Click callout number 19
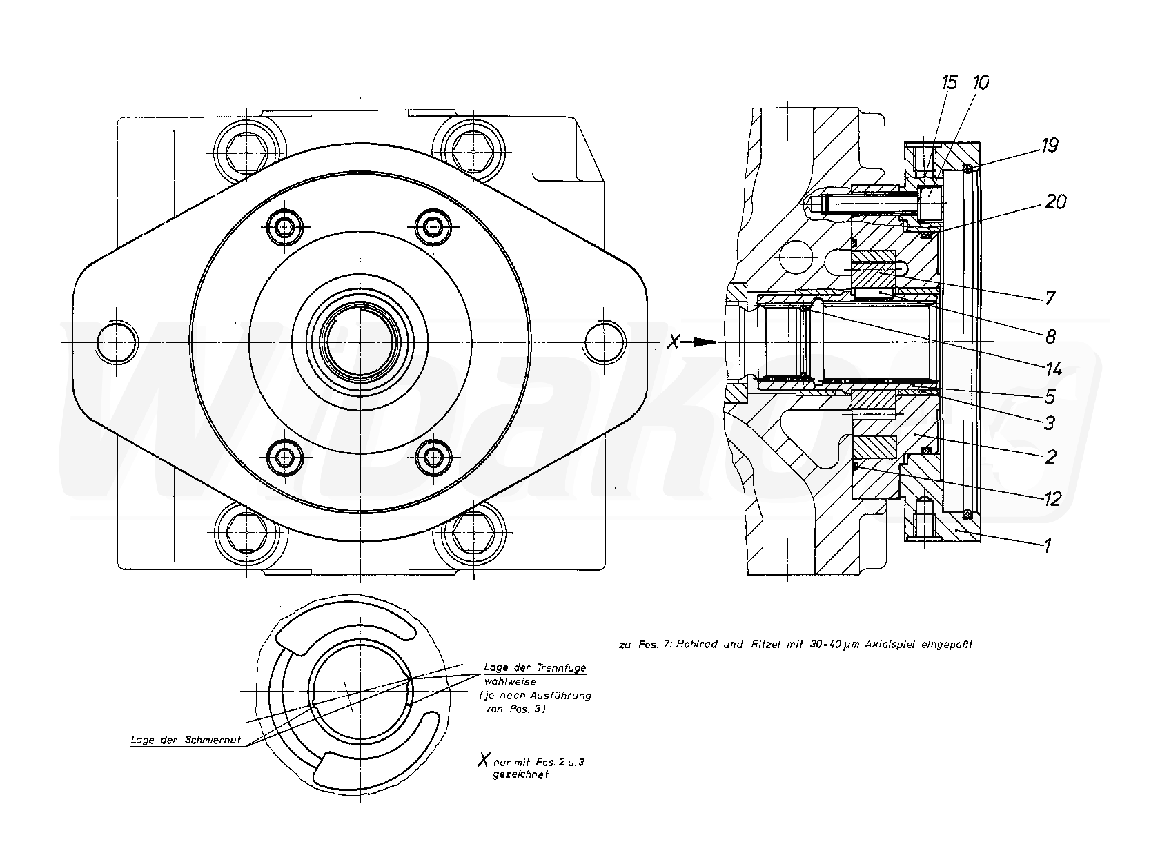pyautogui.click(x=1049, y=146)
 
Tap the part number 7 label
pyautogui.click(x=1050, y=298)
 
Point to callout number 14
pyautogui.click(x=1052, y=369)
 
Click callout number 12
pyautogui.click(x=1051, y=498)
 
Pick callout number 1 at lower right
pyautogui.click(x=1047, y=546)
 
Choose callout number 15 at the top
pyautogui.click(x=950, y=83)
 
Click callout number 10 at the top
pyautogui.click(x=980, y=83)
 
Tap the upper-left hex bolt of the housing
pyautogui.click(x=248, y=150)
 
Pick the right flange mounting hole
pyautogui.click(x=605, y=342)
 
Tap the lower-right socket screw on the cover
pyautogui.click(x=434, y=456)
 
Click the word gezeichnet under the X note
pyautogui.click(x=520, y=774)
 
